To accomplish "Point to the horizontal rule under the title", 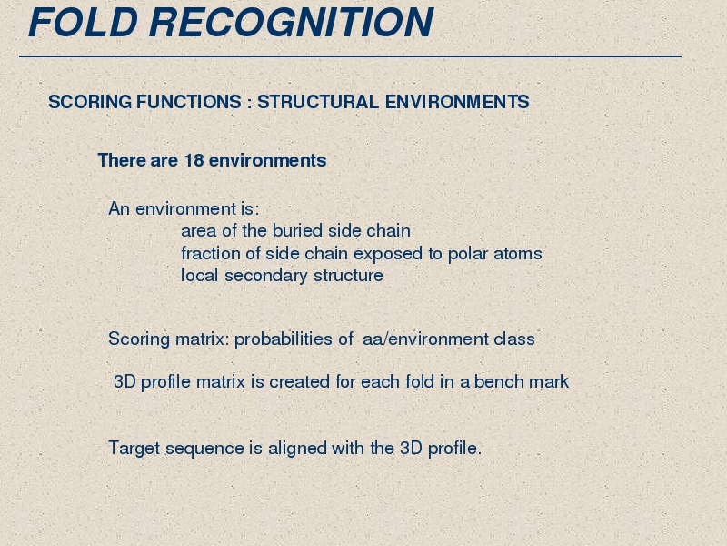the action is (350, 56).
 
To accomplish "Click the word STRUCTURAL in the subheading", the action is (318, 102).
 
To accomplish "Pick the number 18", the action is (194, 160).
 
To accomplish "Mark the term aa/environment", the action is (425, 339).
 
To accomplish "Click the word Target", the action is (134, 449).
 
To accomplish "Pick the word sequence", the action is (204, 449).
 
